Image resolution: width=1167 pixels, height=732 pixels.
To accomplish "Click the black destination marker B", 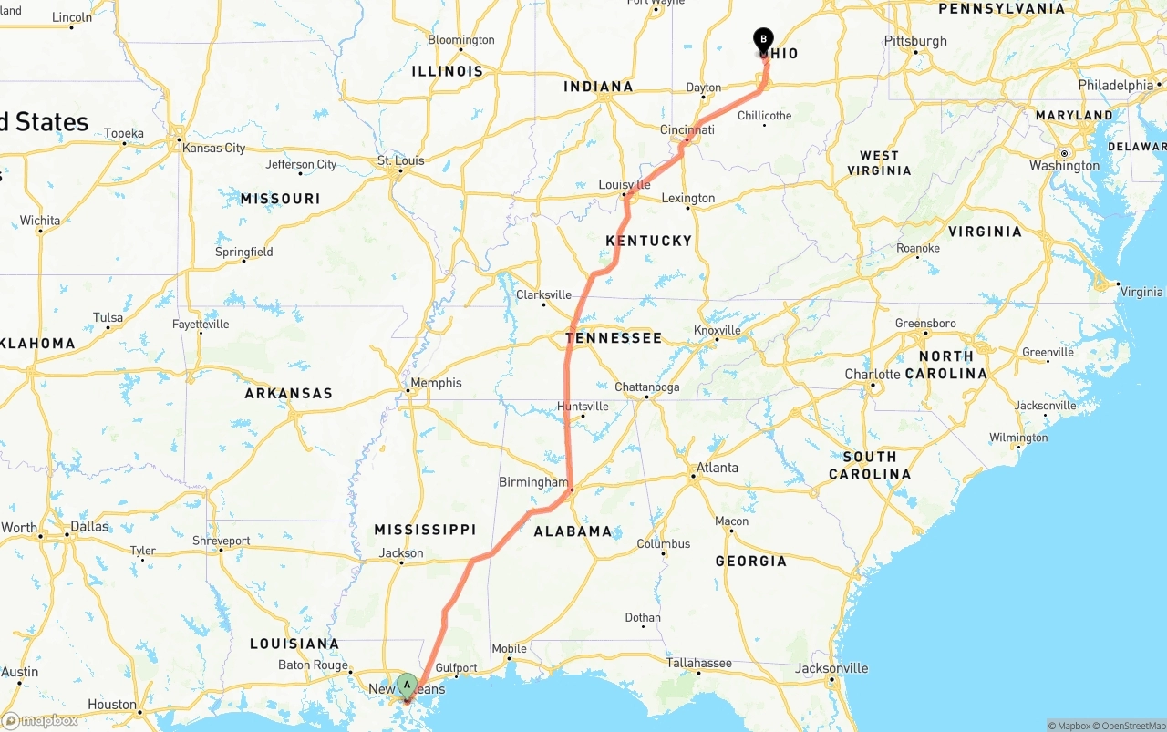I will [x=763, y=40].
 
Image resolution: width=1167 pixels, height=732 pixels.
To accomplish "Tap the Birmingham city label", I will [x=533, y=482].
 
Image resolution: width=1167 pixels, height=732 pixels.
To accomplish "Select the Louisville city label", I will [x=625, y=185].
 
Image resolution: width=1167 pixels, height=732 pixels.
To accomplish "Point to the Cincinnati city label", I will [x=687, y=130].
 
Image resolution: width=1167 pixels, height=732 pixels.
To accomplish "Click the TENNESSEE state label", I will [x=614, y=338].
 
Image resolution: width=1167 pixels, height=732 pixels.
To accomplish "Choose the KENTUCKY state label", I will [x=649, y=241].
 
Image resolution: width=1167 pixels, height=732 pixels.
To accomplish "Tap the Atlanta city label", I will [x=717, y=468].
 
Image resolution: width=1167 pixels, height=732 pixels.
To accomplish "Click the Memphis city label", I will [x=436, y=383].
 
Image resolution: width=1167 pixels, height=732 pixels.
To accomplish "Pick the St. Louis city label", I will [x=400, y=161].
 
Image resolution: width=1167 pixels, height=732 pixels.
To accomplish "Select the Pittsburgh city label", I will [x=915, y=41].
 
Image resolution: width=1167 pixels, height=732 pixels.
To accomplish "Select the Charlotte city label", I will [x=873, y=375].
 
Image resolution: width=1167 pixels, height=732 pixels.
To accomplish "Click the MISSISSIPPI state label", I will [x=425, y=530].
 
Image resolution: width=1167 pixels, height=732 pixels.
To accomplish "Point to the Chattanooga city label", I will [x=646, y=387].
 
